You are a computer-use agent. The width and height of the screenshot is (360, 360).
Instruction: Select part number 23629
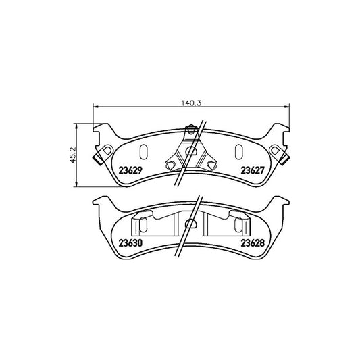click(132, 170)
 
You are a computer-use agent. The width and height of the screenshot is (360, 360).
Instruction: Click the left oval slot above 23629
click(142, 151)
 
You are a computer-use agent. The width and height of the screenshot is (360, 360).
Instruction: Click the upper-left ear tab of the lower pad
click(100, 201)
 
